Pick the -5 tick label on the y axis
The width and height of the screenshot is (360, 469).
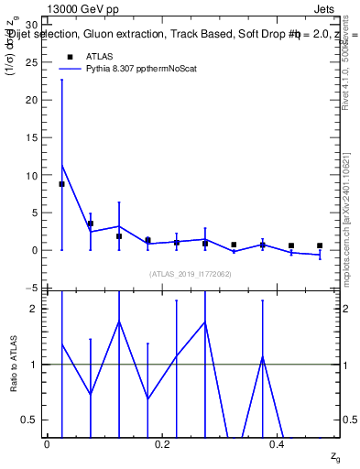[x=30, y=288]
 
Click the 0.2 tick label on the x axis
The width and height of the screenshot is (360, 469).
[x=163, y=443]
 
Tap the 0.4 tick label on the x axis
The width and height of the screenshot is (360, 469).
[x=278, y=443]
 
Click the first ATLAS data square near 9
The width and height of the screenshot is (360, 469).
[x=62, y=184]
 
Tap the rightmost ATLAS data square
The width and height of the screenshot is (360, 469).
[x=320, y=245]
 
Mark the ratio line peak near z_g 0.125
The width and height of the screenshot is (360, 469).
[x=119, y=322]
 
